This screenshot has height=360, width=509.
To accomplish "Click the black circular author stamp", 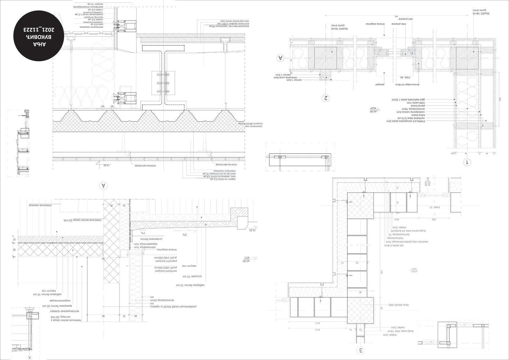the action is [x=39, y=37].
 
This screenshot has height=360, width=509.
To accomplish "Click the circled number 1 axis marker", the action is [x=467, y=162].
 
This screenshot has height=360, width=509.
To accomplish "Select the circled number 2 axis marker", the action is [x=326, y=98].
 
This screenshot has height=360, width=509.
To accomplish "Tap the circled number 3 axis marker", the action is [x=361, y=350].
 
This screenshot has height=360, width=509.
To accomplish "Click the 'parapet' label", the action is [x=380, y=84].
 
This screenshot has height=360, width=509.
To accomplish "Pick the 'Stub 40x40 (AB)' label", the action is [x=399, y=305].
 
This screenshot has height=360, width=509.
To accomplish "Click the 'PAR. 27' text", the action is [x=435, y=207].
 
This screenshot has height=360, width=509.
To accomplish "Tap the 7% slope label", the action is [x=143, y=233].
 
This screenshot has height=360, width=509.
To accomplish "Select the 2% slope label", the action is [x=185, y=234].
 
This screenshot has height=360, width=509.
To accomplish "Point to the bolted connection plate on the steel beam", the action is [x=163, y=83].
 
